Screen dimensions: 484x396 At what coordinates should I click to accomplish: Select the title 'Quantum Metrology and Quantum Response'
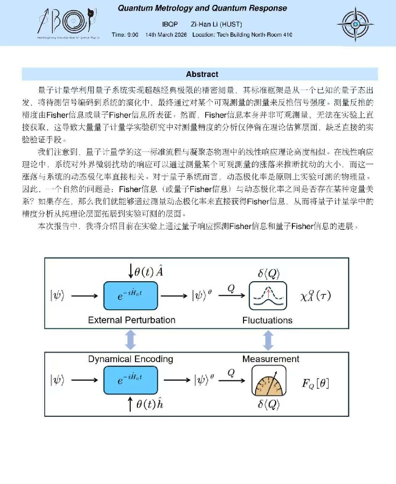pyautogui.click(x=202, y=8)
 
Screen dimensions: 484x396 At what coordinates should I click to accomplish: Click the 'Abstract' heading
pyautogui.click(x=202, y=74)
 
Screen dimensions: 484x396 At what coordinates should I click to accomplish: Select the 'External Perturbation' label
pyautogui.click(x=132, y=320)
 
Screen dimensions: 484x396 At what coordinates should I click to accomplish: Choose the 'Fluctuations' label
pyautogui.click(x=267, y=320)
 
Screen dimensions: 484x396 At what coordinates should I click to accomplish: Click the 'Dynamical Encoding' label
pyautogui.click(x=131, y=359)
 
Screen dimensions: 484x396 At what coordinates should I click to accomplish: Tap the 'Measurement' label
pyautogui.click(x=271, y=359)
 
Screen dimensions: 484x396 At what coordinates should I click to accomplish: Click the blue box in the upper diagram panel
pyautogui.click(x=131, y=295)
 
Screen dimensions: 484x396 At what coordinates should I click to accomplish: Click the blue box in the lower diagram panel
pyautogui.click(x=131, y=380)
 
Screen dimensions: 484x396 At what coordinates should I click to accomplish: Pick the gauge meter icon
pyautogui.click(x=267, y=381)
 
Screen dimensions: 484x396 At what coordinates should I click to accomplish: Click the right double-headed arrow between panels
pyautogui.click(x=267, y=339)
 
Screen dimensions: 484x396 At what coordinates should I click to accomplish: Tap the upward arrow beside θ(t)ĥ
pyautogui.click(x=130, y=404)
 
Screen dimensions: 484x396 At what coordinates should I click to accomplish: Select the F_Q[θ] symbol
pyautogui.click(x=316, y=384)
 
